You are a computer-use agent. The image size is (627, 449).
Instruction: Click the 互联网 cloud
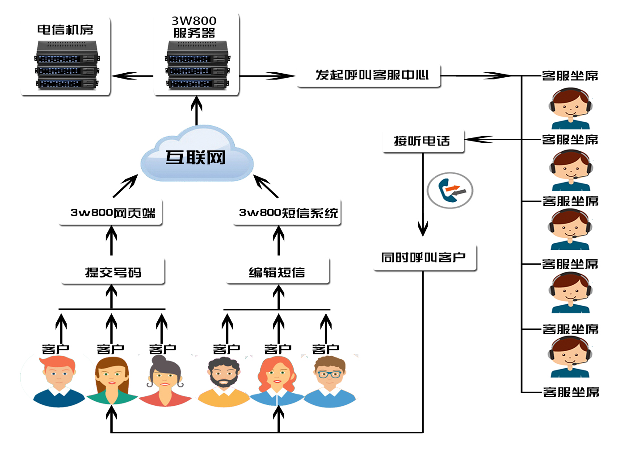[x=197, y=156]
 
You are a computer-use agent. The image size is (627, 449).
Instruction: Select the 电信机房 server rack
[x=67, y=65]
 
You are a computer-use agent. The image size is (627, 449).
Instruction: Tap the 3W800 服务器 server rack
[x=197, y=65]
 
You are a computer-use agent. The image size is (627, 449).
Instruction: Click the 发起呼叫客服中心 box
[x=371, y=75]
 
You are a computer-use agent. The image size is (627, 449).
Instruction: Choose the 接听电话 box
[x=423, y=141]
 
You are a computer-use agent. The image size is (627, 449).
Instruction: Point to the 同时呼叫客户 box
[x=424, y=258]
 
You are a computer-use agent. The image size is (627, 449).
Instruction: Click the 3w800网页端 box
[x=112, y=213]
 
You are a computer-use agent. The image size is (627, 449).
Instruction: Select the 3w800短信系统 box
[x=288, y=213]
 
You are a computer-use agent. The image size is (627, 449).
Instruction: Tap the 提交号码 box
[x=113, y=272]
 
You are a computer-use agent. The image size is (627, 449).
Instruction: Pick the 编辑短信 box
[x=278, y=272]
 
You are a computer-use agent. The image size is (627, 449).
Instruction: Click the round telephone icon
[x=450, y=190]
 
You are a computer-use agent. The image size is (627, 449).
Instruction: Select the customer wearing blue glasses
[x=330, y=382]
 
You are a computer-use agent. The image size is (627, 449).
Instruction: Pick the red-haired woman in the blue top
[x=277, y=382]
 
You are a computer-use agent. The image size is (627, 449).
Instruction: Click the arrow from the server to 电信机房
[x=132, y=76]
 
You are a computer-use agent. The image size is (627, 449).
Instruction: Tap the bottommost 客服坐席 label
[x=571, y=392]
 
